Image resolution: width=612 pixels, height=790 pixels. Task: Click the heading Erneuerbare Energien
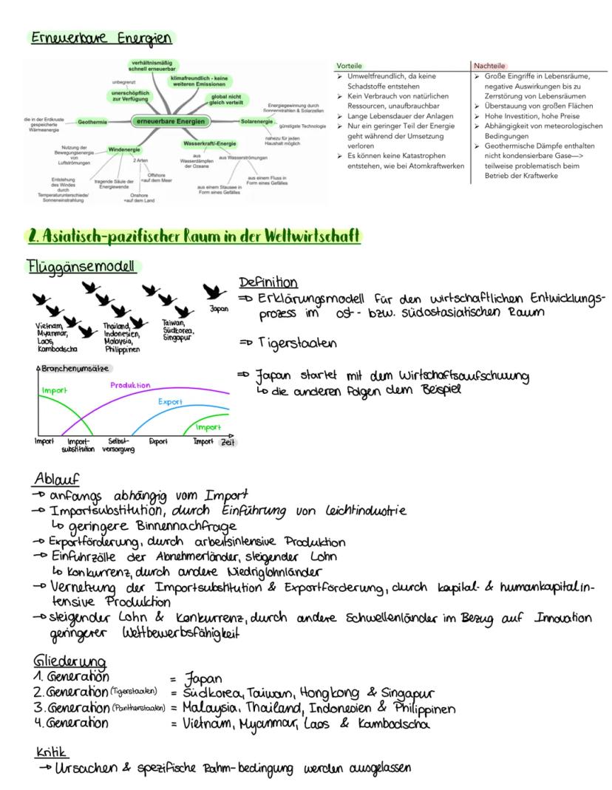[100, 38]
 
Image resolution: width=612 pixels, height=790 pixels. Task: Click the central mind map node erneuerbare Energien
[169, 120]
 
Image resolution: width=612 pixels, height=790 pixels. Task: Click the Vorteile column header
[349, 66]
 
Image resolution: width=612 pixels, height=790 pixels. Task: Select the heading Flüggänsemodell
[76, 267]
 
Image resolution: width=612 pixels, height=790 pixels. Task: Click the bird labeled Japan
[216, 290]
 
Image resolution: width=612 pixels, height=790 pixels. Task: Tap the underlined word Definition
[268, 282]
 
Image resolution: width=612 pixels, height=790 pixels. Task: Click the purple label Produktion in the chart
[130, 385]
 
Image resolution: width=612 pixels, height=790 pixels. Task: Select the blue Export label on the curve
[170, 402]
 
